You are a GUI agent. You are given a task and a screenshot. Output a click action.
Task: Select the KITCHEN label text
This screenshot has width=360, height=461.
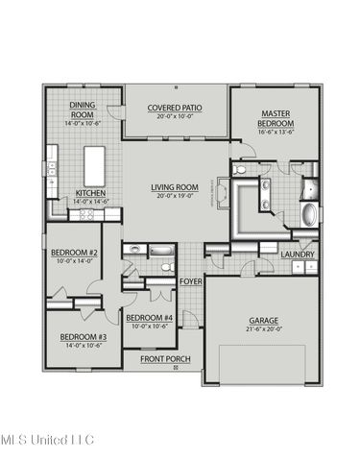[x=89, y=192]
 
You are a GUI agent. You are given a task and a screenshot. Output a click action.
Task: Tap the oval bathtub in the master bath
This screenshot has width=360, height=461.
[x=309, y=213]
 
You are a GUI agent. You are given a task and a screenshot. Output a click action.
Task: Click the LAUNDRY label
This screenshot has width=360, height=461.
[x=298, y=254]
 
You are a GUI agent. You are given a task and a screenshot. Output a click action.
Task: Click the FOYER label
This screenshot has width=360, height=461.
[x=190, y=280]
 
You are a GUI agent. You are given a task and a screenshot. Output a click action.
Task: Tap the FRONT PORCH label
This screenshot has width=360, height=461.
[x=165, y=359]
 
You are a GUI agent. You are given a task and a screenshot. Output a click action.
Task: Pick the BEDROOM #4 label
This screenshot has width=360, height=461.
[x=149, y=318]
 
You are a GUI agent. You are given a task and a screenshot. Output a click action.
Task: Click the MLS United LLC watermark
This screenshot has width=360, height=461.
[x=47, y=440]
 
